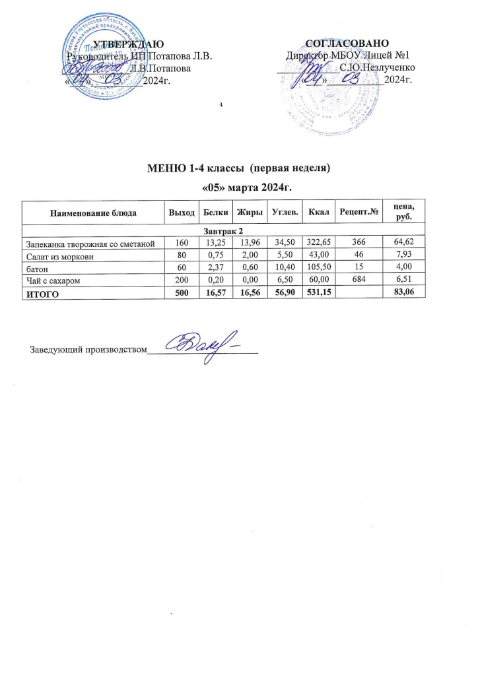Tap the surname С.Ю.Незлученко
click(x=376, y=68)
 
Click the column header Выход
click(x=182, y=213)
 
